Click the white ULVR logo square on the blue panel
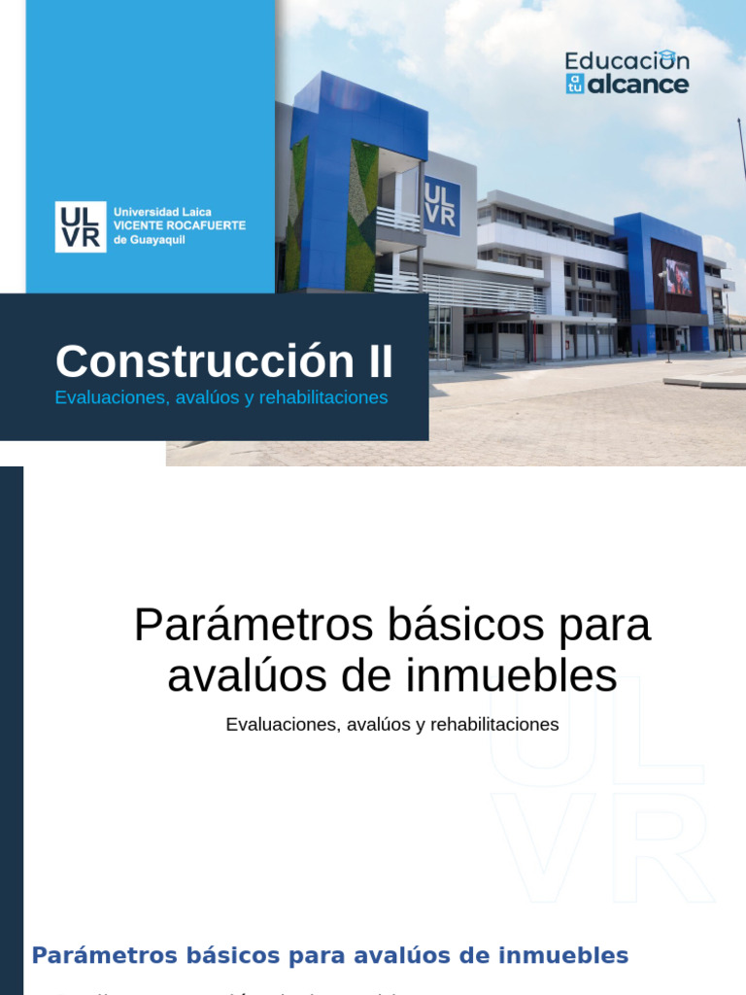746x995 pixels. pos(81,226)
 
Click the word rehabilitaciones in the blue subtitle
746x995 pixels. pos(323,397)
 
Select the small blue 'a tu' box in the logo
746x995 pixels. pos(575,84)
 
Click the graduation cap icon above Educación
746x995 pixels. pos(666,56)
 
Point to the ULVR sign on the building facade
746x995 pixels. pos(441,207)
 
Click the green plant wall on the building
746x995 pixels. pos(362,214)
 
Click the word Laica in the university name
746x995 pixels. pos(195,211)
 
